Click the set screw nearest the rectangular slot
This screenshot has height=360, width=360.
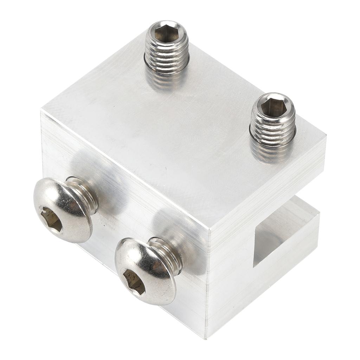(x=272, y=120)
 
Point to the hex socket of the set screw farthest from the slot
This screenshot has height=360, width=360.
(x=166, y=33)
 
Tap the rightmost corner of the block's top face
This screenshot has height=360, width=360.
(x=326, y=135)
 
